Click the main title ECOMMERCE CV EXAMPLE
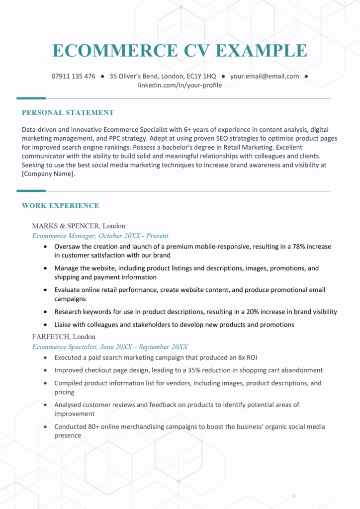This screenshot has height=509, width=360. (180, 50)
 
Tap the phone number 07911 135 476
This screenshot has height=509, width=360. (73, 77)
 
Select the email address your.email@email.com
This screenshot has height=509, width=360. (265, 77)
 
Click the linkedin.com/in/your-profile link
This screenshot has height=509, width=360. (180, 85)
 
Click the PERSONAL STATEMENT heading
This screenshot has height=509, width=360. (68, 113)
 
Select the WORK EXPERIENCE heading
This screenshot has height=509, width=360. (60, 206)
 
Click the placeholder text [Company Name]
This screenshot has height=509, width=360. (48, 174)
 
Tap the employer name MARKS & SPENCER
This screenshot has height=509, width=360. (66, 226)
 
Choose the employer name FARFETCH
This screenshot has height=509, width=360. (51, 337)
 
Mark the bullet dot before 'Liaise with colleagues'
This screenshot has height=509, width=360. (46, 325)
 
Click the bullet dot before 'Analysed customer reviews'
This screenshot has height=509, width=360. (46, 405)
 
